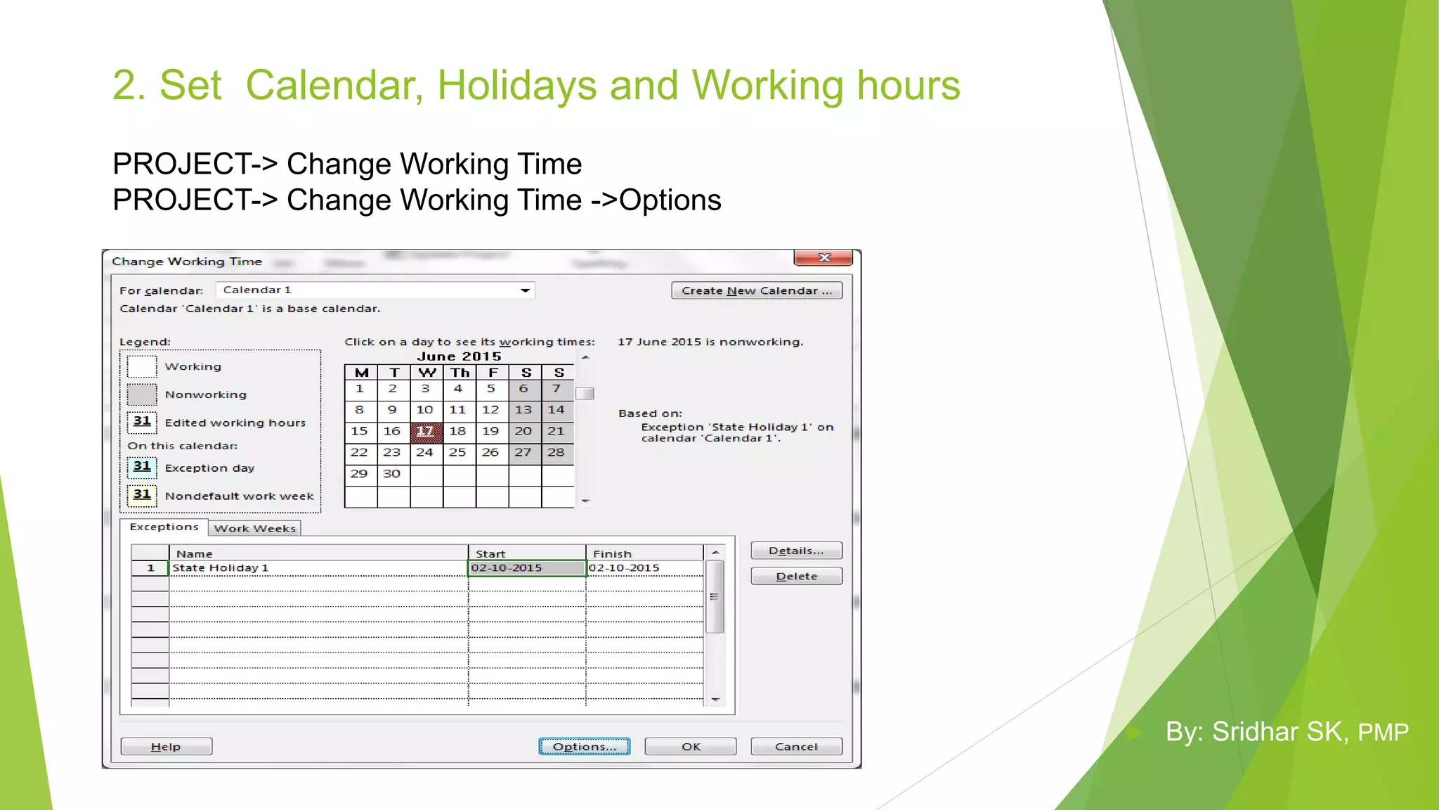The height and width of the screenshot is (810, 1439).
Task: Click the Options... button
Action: point(584,747)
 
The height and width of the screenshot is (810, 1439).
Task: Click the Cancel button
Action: point(796,747)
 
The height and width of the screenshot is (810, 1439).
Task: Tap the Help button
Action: point(166,747)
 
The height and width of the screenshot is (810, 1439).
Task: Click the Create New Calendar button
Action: point(756,290)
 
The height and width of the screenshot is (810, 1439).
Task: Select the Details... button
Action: point(796,551)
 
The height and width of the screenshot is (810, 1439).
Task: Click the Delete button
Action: point(796,577)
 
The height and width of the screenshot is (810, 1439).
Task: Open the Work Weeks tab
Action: point(254,529)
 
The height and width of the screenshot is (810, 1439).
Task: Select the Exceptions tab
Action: point(164,527)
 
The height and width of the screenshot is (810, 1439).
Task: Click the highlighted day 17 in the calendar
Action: point(426,432)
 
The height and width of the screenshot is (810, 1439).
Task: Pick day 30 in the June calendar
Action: point(392,474)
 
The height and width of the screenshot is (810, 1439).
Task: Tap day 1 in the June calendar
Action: point(360,389)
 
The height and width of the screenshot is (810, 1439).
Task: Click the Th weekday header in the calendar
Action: point(460,373)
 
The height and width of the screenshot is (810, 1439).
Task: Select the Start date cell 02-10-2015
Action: point(526,568)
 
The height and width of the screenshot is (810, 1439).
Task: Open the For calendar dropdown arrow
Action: point(525,290)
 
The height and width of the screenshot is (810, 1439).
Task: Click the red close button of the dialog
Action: point(823,258)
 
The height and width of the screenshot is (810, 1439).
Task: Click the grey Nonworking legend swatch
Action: point(142,394)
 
